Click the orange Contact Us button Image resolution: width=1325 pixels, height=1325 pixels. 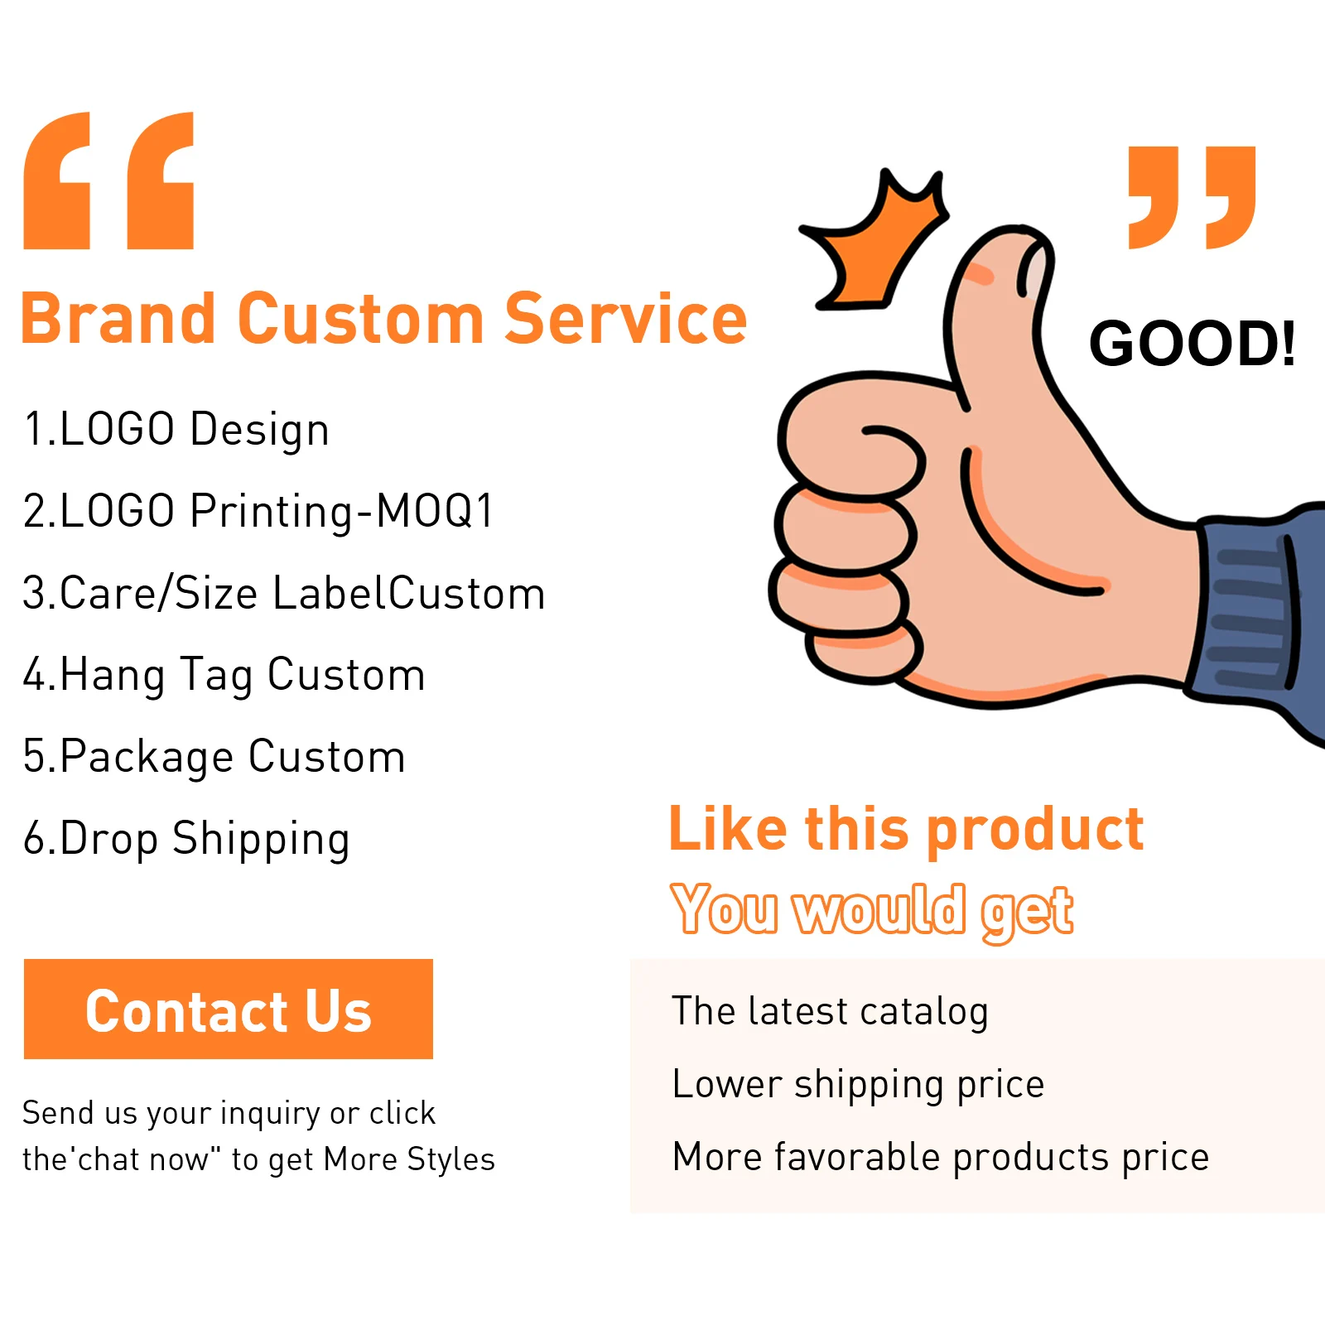pyautogui.click(x=228, y=1009)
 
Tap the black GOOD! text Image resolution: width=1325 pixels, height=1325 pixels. pyautogui.click(x=1192, y=344)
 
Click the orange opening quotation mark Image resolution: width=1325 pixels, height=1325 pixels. pyautogui.click(x=108, y=181)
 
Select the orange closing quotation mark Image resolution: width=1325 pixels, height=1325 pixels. pyautogui.click(x=1192, y=197)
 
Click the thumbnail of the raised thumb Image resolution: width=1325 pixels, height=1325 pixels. pyautogui.click(x=1033, y=268)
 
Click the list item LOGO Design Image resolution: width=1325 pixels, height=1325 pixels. pyautogui.click(x=176, y=429)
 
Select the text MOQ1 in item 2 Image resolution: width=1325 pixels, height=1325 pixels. pyautogui.click(x=435, y=510)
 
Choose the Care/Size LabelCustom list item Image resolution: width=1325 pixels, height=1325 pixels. pyautogui.click(x=283, y=593)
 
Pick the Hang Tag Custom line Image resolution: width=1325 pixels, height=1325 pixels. pyautogui.click(x=224, y=674)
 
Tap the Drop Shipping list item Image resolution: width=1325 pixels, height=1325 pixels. pyautogui.click(x=186, y=838)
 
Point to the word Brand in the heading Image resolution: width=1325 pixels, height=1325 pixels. pyautogui.click(x=118, y=319)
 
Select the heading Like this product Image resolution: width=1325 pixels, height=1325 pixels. pyautogui.click(x=906, y=829)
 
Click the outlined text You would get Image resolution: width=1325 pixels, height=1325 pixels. pyautogui.click(x=872, y=910)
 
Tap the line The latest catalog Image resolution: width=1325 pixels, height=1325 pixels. pyautogui.click(x=830, y=1011)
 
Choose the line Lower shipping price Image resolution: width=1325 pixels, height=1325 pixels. pyautogui.click(x=858, y=1084)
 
